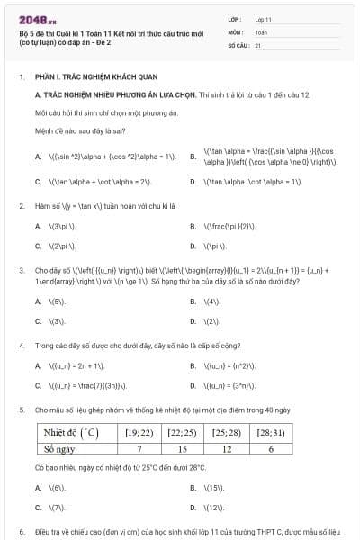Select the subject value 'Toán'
tap(261, 31)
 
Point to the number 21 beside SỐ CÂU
tap(257, 44)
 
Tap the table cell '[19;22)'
tap(139, 433)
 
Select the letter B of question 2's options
tap(193, 226)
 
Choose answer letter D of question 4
tap(193, 386)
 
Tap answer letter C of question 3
tap(38, 320)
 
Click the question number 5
tap(21, 409)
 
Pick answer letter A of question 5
tap(38, 487)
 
